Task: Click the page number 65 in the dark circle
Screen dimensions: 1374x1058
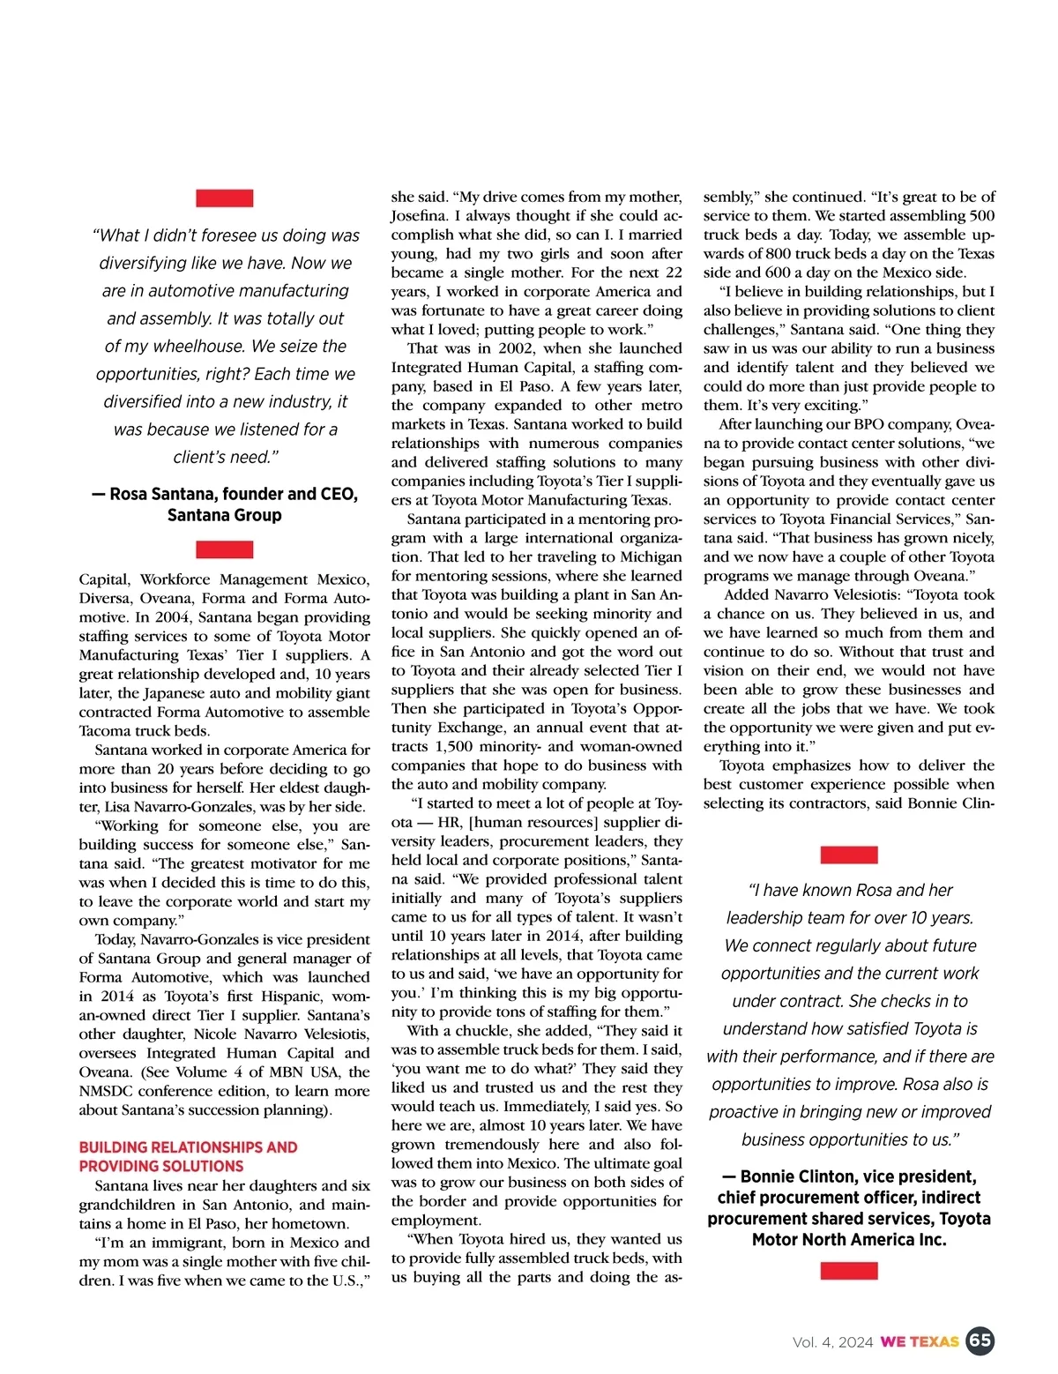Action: (x=980, y=1341)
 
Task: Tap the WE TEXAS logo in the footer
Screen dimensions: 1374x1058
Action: (x=920, y=1342)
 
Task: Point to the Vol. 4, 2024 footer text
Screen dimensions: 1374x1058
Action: (x=832, y=1342)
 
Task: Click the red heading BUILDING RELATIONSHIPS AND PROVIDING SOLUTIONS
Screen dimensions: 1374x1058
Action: (x=188, y=1156)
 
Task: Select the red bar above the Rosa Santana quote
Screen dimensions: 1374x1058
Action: (x=224, y=198)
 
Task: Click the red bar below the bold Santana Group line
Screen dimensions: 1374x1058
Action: (x=224, y=549)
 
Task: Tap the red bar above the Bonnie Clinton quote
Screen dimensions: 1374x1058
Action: (x=848, y=855)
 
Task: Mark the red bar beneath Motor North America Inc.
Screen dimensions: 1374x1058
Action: (x=848, y=1271)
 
